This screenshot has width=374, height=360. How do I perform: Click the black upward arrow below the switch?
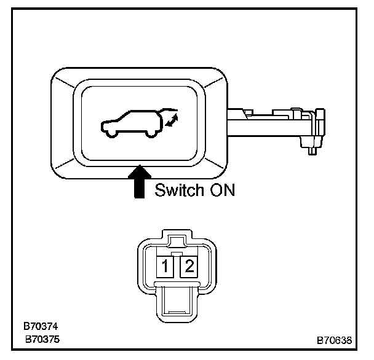[x=141, y=182]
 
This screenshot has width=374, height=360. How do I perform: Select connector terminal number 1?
[x=165, y=266]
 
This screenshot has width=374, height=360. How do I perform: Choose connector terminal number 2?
[x=189, y=266]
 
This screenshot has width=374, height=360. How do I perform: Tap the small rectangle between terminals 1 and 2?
[x=177, y=254]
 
